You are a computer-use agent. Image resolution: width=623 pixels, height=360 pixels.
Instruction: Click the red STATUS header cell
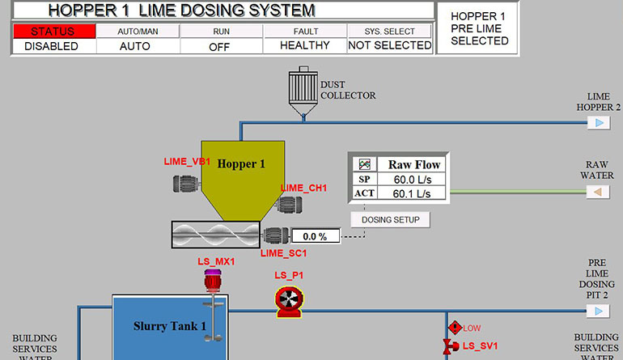(53, 31)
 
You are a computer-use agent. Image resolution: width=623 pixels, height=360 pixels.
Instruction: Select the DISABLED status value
(53, 46)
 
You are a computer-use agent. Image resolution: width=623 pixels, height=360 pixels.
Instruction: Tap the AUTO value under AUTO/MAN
(136, 46)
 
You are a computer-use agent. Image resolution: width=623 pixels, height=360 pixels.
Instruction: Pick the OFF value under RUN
(220, 46)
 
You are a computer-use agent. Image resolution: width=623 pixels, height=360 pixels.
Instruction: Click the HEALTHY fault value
(304, 46)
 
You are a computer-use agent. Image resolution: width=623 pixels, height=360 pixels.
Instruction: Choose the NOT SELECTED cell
(390, 46)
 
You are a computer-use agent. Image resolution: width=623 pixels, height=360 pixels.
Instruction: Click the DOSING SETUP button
(390, 219)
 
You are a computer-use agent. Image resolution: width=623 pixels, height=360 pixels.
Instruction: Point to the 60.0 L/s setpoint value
(409, 179)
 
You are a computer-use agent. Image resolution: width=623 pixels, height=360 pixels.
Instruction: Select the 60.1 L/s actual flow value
(409, 193)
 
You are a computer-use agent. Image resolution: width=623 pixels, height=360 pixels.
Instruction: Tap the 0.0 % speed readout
(315, 236)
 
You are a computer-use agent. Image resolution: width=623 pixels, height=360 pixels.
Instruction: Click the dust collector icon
(303, 89)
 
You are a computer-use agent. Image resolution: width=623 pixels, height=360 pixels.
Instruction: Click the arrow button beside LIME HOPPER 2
(599, 123)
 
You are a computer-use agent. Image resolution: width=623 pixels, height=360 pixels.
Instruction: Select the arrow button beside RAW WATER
(599, 192)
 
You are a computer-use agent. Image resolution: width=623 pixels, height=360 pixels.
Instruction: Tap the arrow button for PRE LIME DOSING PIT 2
(599, 311)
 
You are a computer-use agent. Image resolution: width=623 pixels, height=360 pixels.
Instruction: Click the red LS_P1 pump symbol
(287, 302)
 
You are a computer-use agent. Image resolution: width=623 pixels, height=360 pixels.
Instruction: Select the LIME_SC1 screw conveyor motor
(276, 236)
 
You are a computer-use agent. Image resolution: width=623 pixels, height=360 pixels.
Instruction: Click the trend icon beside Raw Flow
(365, 164)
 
